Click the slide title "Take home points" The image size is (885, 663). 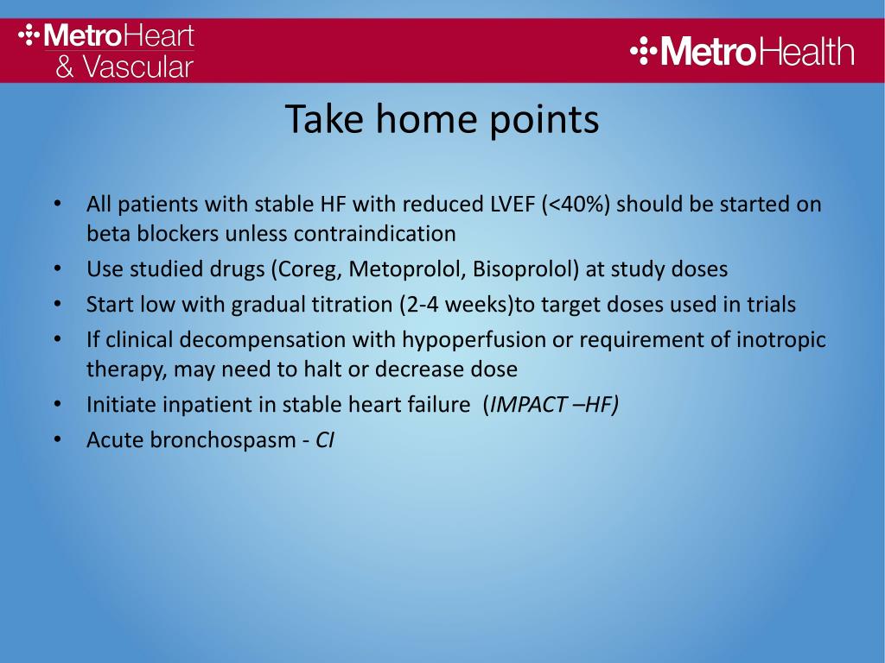click(442, 119)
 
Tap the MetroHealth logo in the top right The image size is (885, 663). click(742, 51)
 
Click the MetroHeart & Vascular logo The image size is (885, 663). click(106, 51)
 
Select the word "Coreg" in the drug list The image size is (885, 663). click(310, 269)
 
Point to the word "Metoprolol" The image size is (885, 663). click(408, 269)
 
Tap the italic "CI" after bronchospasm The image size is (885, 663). click(325, 439)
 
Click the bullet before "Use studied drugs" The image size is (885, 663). click(58, 269)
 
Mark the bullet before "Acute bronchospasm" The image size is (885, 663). click(58, 440)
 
